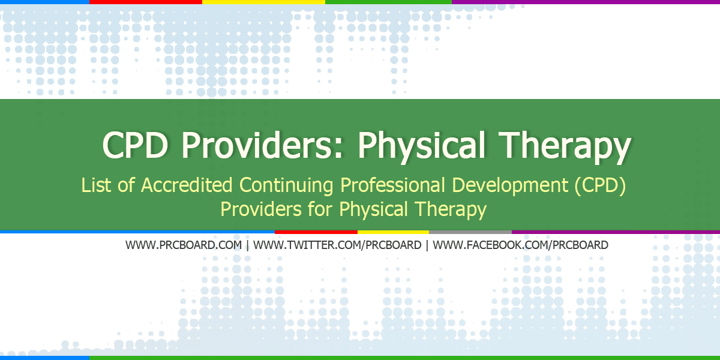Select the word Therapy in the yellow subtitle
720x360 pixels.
coord(451,209)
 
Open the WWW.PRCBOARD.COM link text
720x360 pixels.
coord(184,245)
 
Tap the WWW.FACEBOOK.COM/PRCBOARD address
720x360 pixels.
coord(520,245)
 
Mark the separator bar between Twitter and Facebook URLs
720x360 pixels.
coord(427,245)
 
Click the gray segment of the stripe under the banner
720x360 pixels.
coord(470,232)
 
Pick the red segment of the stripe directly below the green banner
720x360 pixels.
coord(316,232)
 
